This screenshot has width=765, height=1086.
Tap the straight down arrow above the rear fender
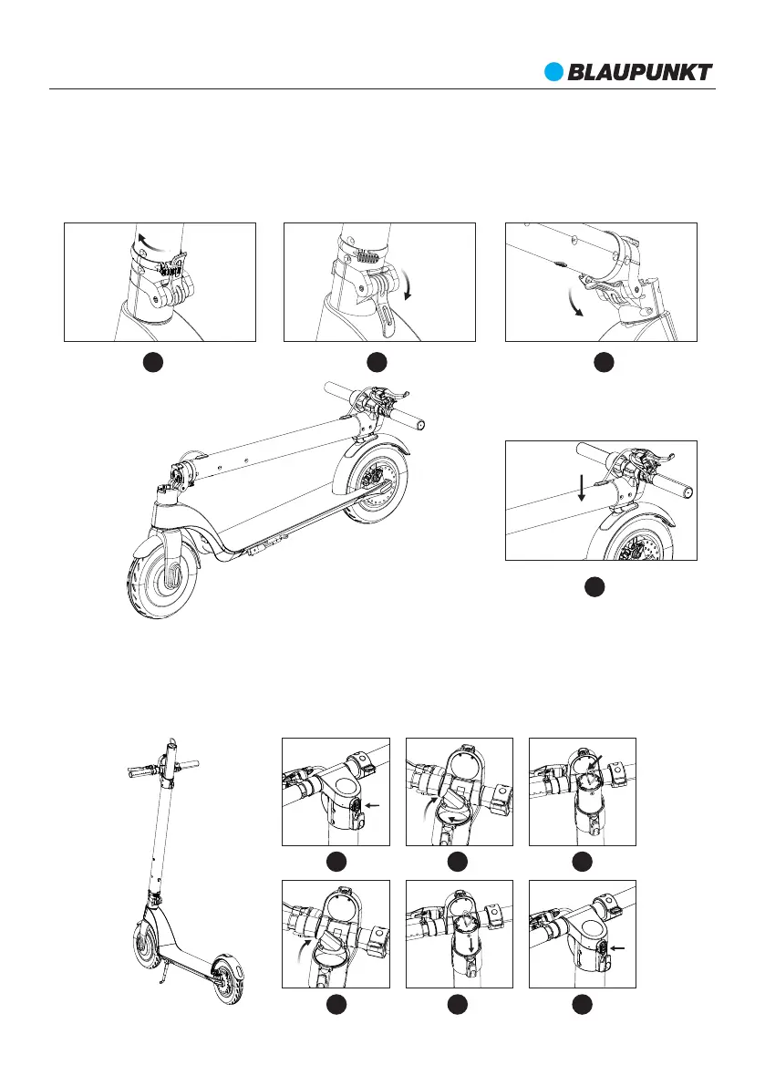pos(582,489)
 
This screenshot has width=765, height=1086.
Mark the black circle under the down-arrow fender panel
pos(594,588)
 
